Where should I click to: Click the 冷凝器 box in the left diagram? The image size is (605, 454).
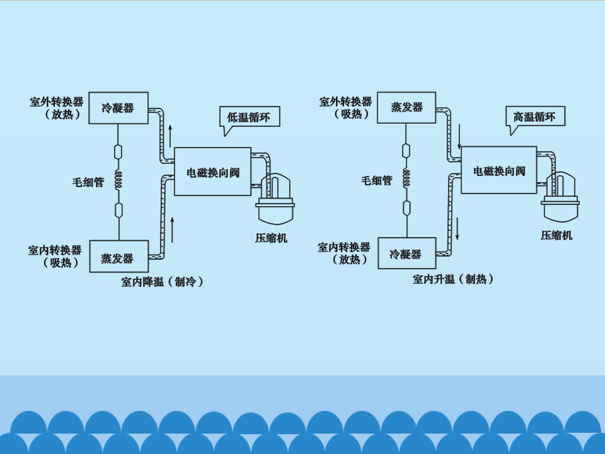click(x=118, y=108)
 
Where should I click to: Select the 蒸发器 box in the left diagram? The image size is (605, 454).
click(x=119, y=256)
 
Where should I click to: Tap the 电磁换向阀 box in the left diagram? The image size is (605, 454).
click(x=213, y=172)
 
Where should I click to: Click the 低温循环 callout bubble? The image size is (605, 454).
click(x=249, y=117)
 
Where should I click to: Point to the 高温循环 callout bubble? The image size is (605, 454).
click(x=535, y=116)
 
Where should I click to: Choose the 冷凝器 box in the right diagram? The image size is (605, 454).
click(x=407, y=253)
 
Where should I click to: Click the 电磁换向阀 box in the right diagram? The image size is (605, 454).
click(x=499, y=170)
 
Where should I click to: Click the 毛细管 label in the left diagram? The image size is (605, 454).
click(x=88, y=182)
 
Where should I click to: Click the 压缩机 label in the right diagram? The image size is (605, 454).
click(x=556, y=235)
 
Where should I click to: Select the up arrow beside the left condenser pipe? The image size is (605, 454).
click(x=170, y=136)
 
